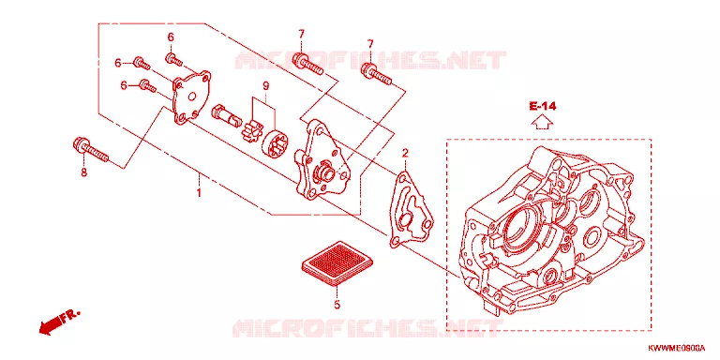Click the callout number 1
tap(199, 192)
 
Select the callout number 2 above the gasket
tap(405, 153)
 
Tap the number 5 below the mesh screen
tap(337, 304)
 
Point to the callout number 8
tap(83, 173)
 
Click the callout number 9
tap(265, 85)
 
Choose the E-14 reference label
tap(542, 107)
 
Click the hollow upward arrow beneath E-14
tap(542, 122)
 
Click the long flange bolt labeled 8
tap(90, 149)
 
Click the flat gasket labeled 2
tap(411, 209)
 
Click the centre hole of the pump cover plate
tap(192, 97)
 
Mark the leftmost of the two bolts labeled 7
tap(307, 64)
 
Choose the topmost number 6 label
tap(171, 37)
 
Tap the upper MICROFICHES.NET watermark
tap(370, 60)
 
